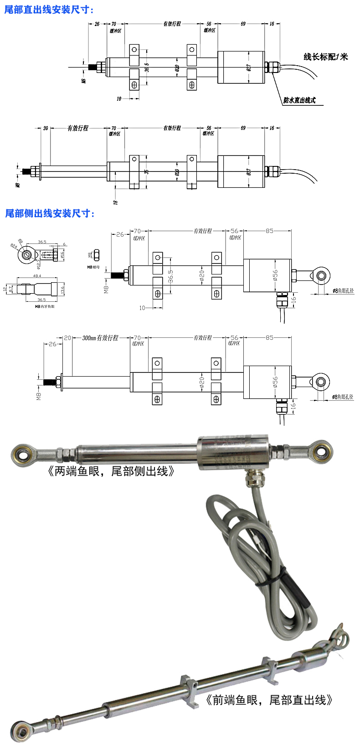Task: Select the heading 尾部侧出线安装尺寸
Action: point(49,213)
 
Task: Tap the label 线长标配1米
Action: point(325,57)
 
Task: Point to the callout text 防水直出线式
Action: point(299,100)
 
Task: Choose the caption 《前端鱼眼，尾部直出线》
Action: point(269,700)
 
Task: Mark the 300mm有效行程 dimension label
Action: point(100,338)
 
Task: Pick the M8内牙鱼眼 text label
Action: point(44,307)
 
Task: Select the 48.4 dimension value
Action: point(37,276)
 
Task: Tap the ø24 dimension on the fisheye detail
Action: point(14,247)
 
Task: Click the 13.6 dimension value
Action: point(62,289)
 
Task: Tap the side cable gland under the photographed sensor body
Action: point(250,479)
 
